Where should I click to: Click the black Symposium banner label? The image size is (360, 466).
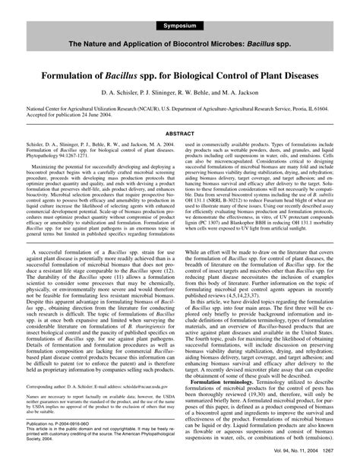tap(179, 27)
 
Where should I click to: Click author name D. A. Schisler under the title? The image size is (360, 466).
tap(118, 94)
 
